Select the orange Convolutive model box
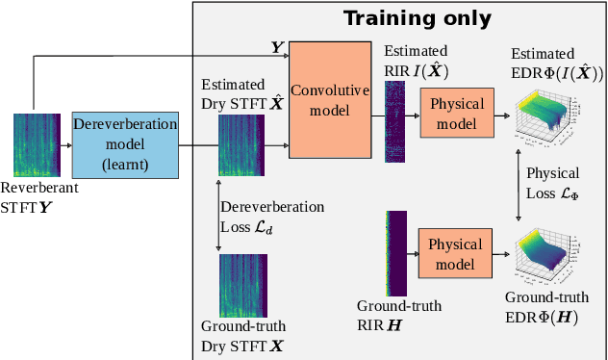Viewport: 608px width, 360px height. click(x=330, y=100)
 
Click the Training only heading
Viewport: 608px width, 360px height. click(x=418, y=18)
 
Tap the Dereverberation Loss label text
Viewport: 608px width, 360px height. click(x=272, y=216)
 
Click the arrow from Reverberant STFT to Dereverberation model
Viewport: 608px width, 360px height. click(x=65, y=145)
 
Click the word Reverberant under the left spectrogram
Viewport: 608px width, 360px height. click(x=39, y=189)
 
